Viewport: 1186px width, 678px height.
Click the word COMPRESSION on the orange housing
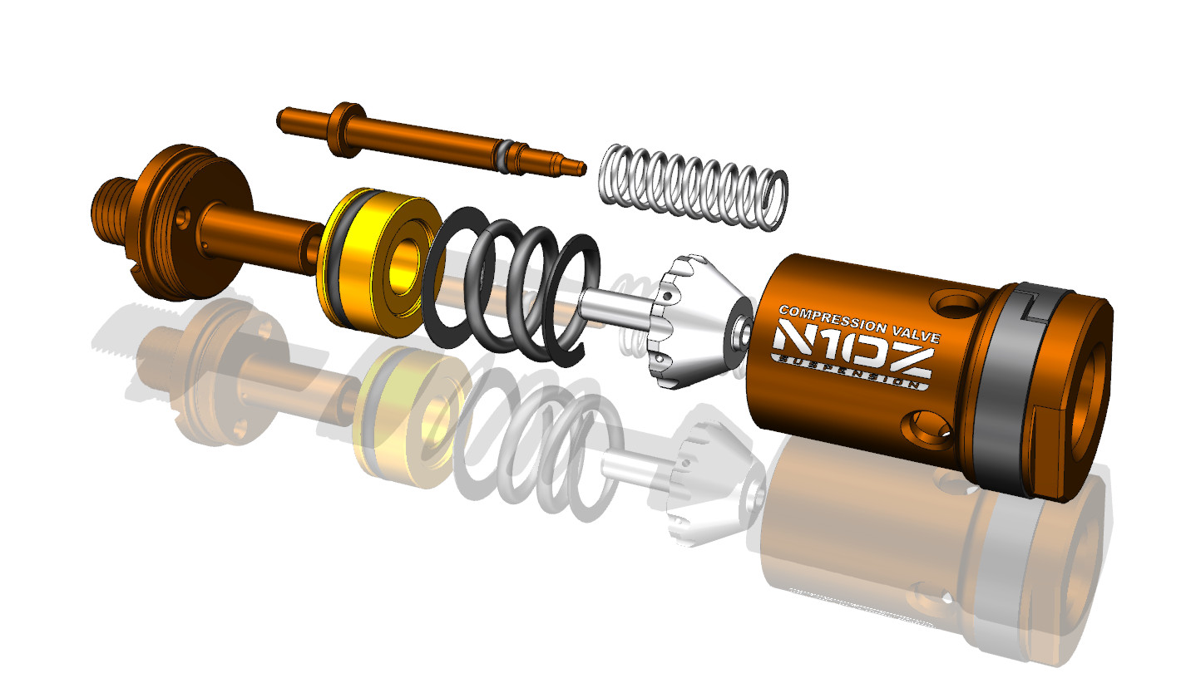[x=833, y=319]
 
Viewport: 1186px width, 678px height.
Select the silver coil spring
[x=694, y=188]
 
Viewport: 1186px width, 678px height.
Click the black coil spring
[x=511, y=286]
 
